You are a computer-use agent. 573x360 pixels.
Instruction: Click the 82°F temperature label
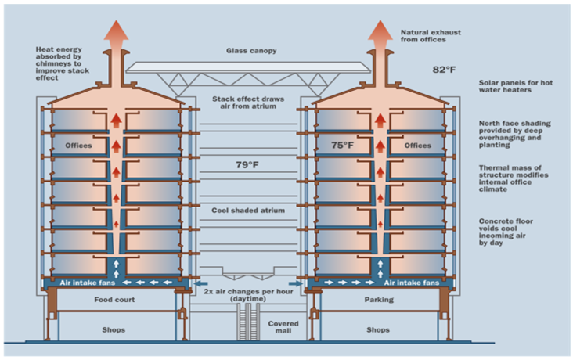click(x=444, y=70)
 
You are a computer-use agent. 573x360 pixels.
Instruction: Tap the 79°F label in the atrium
click(x=247, y=165)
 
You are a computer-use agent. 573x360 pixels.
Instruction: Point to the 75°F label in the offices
click(x=343, y=145)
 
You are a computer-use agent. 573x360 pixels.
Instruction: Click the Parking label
click(x=378, y=300)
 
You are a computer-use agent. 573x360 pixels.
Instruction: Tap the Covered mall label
click(x=283, y=326)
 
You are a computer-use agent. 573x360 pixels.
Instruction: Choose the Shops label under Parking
click(x=378, y=329)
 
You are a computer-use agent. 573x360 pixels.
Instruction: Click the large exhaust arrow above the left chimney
click(x=117, y=33)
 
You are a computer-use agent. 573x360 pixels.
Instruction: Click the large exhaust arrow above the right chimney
click(x=380, y=33)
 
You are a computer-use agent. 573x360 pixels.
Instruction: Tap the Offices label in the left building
click(x=78, y=146)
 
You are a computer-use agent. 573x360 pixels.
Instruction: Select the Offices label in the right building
click(x=417, y=146)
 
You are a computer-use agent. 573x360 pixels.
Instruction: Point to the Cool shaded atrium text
click(x=247, y=211)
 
